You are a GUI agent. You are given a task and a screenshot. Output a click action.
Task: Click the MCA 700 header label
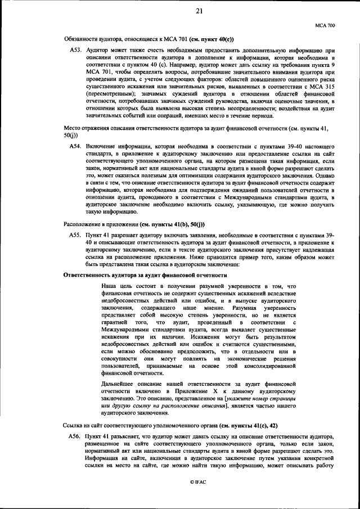click(x=326, y=25)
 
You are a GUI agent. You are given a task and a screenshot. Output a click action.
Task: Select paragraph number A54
click(x=76, y=146)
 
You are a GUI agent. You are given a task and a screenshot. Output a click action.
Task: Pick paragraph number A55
click(x=76, y=235)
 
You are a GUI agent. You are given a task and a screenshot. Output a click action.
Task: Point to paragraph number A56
click(x=76, y=436)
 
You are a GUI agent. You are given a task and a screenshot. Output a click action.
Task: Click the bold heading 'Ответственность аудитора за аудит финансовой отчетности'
click(x=146, y=276)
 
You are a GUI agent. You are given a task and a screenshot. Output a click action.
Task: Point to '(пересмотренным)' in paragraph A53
click(x=107, y=94)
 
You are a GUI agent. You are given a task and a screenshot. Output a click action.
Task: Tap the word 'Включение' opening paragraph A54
click(x=101, y=146)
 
